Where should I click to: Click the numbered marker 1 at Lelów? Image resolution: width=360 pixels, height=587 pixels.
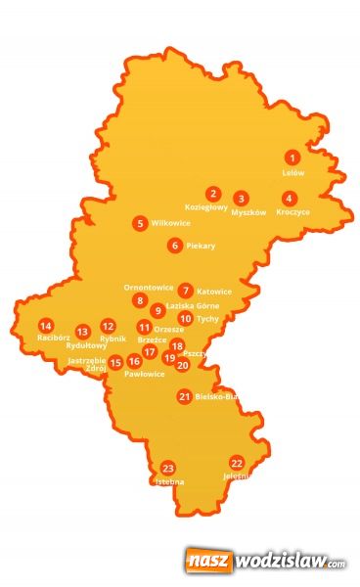292,157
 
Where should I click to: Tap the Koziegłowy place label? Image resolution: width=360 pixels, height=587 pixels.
206,206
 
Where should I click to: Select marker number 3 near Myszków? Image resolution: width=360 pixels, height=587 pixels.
241,198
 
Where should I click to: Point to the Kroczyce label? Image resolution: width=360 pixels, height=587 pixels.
292,211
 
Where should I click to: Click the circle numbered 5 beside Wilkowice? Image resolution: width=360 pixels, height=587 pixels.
141,223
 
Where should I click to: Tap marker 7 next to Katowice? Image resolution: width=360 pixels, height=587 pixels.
186,291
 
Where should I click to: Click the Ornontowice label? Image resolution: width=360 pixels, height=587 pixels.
149,288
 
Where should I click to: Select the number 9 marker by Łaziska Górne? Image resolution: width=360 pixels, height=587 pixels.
157,310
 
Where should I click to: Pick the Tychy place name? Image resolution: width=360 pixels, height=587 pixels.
207,318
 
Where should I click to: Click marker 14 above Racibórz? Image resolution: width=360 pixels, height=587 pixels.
45,325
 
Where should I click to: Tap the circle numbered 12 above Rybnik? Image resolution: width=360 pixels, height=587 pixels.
108,326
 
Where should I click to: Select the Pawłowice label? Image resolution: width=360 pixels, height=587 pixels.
145,374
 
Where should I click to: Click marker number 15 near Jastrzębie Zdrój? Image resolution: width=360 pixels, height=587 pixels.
115,363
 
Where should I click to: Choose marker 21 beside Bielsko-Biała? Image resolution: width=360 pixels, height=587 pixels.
184,396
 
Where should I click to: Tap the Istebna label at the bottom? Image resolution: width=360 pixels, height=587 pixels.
168,481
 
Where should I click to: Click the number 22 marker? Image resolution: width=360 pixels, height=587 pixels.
237,462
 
